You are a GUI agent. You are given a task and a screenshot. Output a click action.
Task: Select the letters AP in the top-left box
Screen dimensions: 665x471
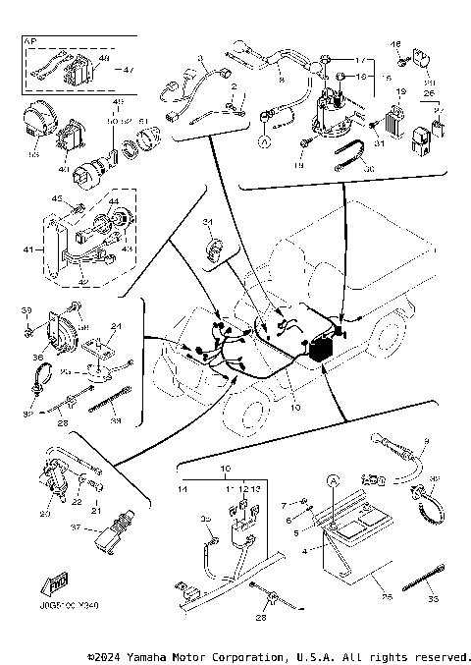coord(29,44)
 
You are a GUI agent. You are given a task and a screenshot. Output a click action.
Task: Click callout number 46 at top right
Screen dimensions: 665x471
coord(396,44)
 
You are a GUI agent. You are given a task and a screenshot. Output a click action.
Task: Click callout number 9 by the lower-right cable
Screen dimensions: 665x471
coord(426,441)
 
